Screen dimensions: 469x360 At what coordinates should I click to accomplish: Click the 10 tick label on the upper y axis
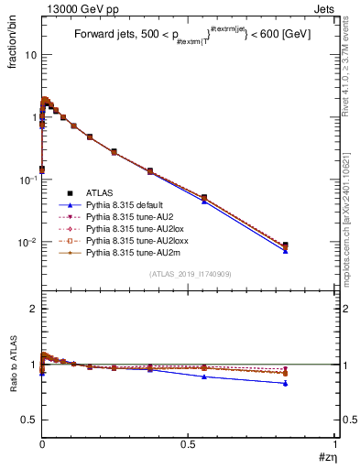[30, 55]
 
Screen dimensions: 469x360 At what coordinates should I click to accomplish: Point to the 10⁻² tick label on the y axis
[27, 243]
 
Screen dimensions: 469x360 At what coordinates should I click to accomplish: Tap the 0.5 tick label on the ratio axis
[30, 420]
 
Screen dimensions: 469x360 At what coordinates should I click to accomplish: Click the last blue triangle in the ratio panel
[286, 384]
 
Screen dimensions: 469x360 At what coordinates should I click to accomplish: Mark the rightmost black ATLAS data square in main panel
[286, 245]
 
